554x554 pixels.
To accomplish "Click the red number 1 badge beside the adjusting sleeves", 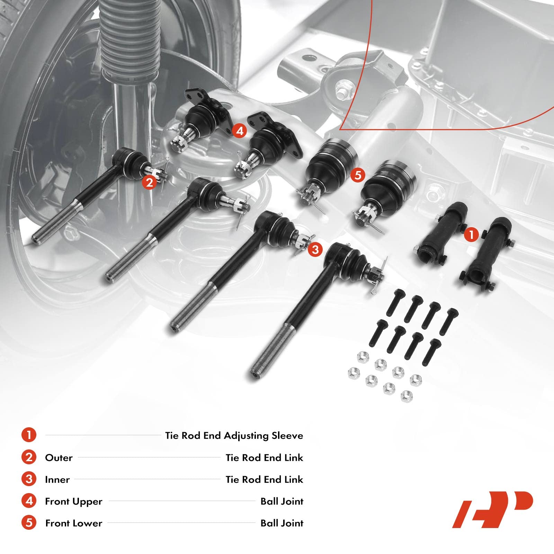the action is point(471,235).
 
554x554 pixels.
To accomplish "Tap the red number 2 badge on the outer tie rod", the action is point(149,182).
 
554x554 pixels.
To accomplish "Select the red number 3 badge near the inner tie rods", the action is point(315,249).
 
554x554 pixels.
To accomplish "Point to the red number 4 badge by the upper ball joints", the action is point(240,131).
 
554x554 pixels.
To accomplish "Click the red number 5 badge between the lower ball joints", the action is point(358,175).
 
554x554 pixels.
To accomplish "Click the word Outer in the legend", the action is point(59,458).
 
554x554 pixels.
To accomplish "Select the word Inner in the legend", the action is point(57,480).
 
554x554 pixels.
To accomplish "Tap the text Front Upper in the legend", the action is point(73,501).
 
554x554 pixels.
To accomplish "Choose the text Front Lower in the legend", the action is point(73,523).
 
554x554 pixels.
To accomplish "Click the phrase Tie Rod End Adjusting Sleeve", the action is point(234,436).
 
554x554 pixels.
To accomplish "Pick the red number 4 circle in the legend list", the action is point(29,501).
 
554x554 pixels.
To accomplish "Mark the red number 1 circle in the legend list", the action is point(29,435).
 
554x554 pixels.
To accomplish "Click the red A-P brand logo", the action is point(492,509).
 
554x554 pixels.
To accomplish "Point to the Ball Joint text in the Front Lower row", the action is point(282,523).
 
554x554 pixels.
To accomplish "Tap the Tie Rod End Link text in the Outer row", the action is point(264,458).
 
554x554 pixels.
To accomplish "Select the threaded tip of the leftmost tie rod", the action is point(36,239).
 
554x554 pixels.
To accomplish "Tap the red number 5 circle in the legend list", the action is point(29,523).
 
